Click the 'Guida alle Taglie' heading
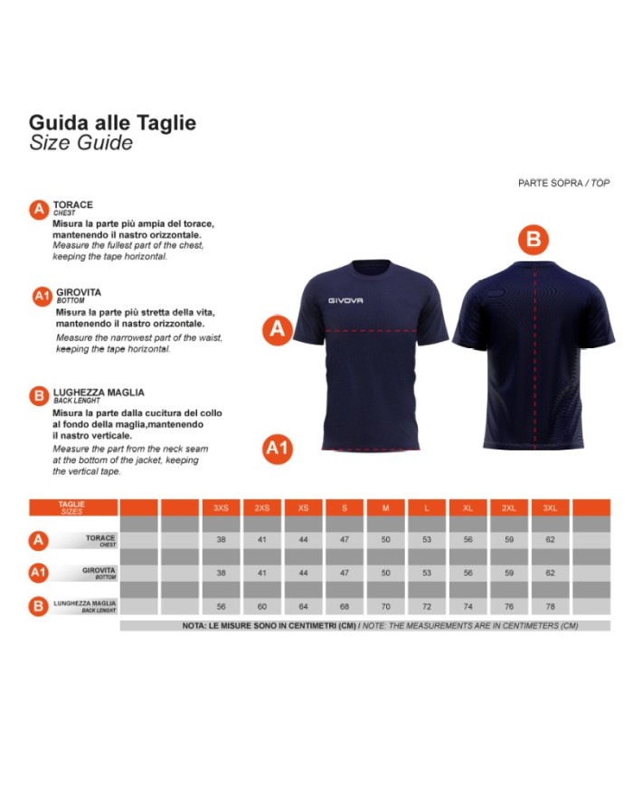click(x=112, y=122)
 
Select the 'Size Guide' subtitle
click(x=80, y=143)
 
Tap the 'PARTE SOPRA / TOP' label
click(x=563, y=183)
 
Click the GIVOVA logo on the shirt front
click(x=345, y=300)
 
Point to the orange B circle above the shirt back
click(x=534, y=240)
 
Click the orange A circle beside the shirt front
click(x=277, y=329)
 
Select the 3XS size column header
click(x=221, y=508)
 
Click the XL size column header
click(x=468, y=508)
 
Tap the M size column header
click(x=385, y=508)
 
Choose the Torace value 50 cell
click(x=385, y=539)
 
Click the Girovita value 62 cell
click(x=550, y=573)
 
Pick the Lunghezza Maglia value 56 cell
click(x=221, y=607)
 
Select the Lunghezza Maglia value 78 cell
click(x=550, y=607)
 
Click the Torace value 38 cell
click(x=221, y=539)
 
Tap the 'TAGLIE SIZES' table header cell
click(x=72, y=507)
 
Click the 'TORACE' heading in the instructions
click(x=73, y=205)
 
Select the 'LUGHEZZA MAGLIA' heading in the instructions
click(x=99, y=392)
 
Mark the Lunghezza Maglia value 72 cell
click(x=426, y=607)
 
